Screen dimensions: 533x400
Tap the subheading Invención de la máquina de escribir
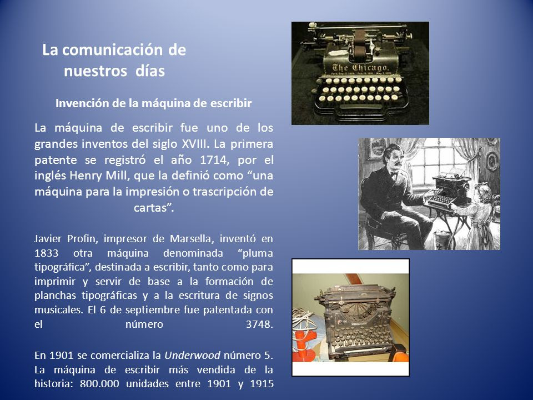[x=153, y=103]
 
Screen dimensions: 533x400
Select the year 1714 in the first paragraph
[x=213, y=159]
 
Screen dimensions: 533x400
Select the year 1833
[x=46, y=253]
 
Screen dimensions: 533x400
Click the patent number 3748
[x=259, y=324]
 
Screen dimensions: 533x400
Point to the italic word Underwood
[x=193, y=356]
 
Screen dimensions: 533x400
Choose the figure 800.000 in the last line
[x=99, y=384]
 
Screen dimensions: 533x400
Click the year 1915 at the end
[x=262, y=384]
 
